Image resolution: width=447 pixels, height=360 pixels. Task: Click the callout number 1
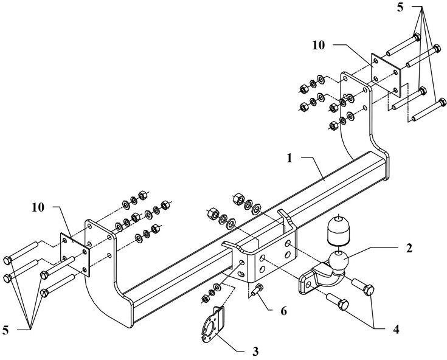pos(289,158)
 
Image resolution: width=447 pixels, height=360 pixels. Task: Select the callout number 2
pos(409,248)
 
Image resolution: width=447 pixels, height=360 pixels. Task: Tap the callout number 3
pos(255,351)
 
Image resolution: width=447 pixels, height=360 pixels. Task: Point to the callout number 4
pos(396,330)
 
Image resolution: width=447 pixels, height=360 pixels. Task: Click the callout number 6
pos(283,311)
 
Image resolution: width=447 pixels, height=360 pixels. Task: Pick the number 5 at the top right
pos(401,8)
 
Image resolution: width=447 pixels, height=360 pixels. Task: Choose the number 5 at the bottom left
pos(5,330)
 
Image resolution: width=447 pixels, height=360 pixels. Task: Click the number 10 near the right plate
pos(319,45)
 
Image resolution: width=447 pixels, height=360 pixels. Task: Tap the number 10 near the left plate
pos(38,207)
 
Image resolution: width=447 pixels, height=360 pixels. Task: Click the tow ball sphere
pos(338,261)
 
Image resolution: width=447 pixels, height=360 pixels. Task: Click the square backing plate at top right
pos(386,75)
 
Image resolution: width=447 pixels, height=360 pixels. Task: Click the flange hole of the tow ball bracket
pos(309,284)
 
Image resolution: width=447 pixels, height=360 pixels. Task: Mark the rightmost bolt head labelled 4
pos(369,290)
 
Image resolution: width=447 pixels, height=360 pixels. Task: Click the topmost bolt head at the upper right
pos(417,37)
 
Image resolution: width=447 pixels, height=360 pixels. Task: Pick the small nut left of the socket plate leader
pos(205,299)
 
